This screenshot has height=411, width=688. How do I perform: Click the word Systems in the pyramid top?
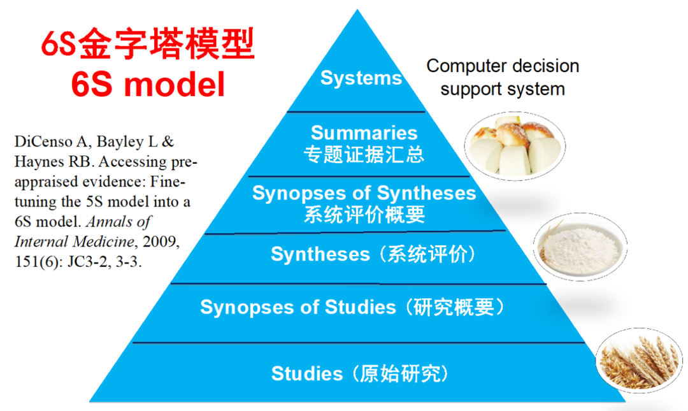361,78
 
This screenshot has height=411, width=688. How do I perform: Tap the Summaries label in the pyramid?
364,133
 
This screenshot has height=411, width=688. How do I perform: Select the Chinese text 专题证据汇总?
364,154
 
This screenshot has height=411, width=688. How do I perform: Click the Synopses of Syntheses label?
364,193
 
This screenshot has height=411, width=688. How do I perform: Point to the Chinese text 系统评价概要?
364,214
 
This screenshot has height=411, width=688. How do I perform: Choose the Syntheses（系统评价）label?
373,254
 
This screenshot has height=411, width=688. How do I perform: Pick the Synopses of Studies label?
297,307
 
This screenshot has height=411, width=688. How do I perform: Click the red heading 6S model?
148,84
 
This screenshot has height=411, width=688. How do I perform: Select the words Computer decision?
503,66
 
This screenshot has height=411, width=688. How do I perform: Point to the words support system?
503,89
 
